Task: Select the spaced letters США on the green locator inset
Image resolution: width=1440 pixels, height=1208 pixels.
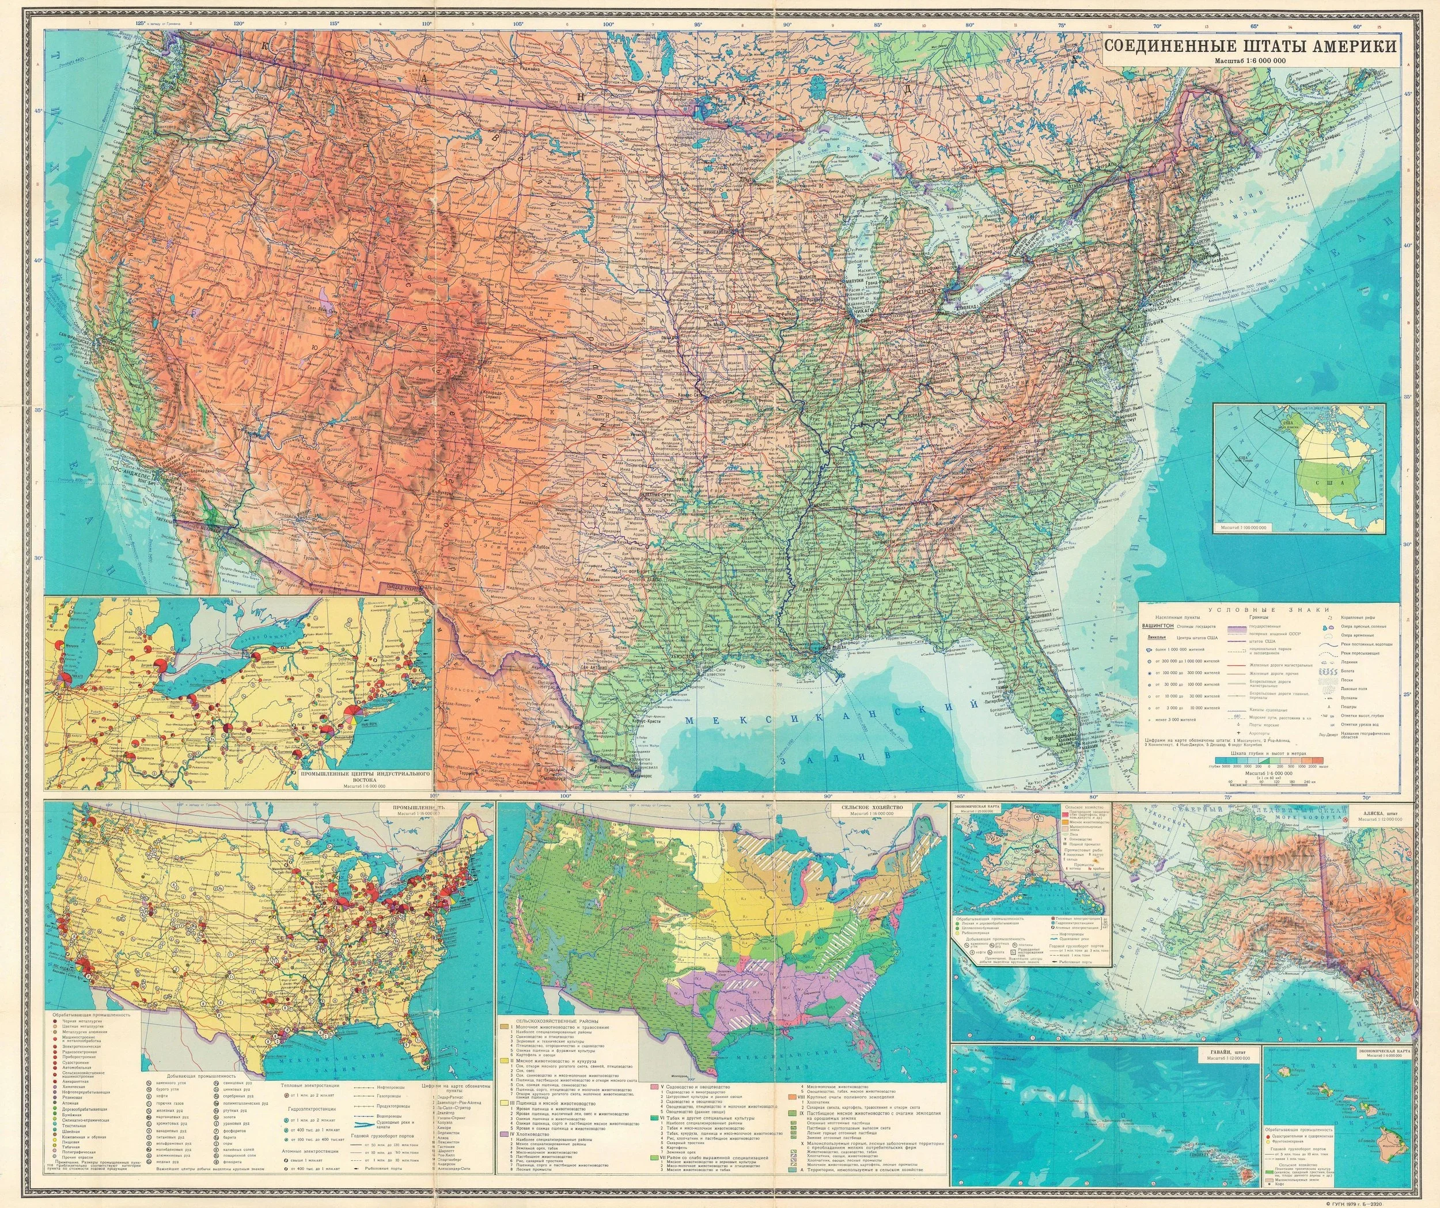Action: (x=1331, y=483)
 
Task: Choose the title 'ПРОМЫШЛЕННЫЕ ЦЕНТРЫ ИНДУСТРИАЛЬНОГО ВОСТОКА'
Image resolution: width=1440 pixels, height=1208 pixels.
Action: (x=365, y=777)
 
